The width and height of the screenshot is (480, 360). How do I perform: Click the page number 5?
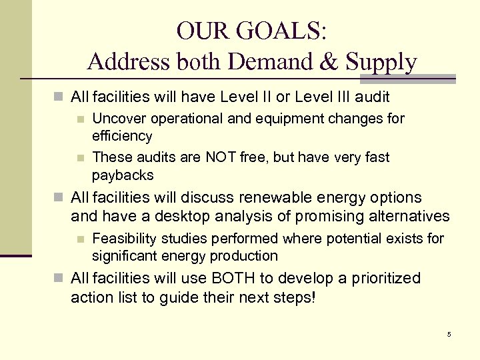(449, 334)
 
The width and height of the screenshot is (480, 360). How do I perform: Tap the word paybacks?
(123, 175)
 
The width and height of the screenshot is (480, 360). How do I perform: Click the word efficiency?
(122, 136)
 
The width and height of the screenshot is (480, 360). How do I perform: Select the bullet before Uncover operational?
(80, 119)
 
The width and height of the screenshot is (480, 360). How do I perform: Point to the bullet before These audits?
(80, 158)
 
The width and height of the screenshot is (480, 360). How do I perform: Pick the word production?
(245, 256)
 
